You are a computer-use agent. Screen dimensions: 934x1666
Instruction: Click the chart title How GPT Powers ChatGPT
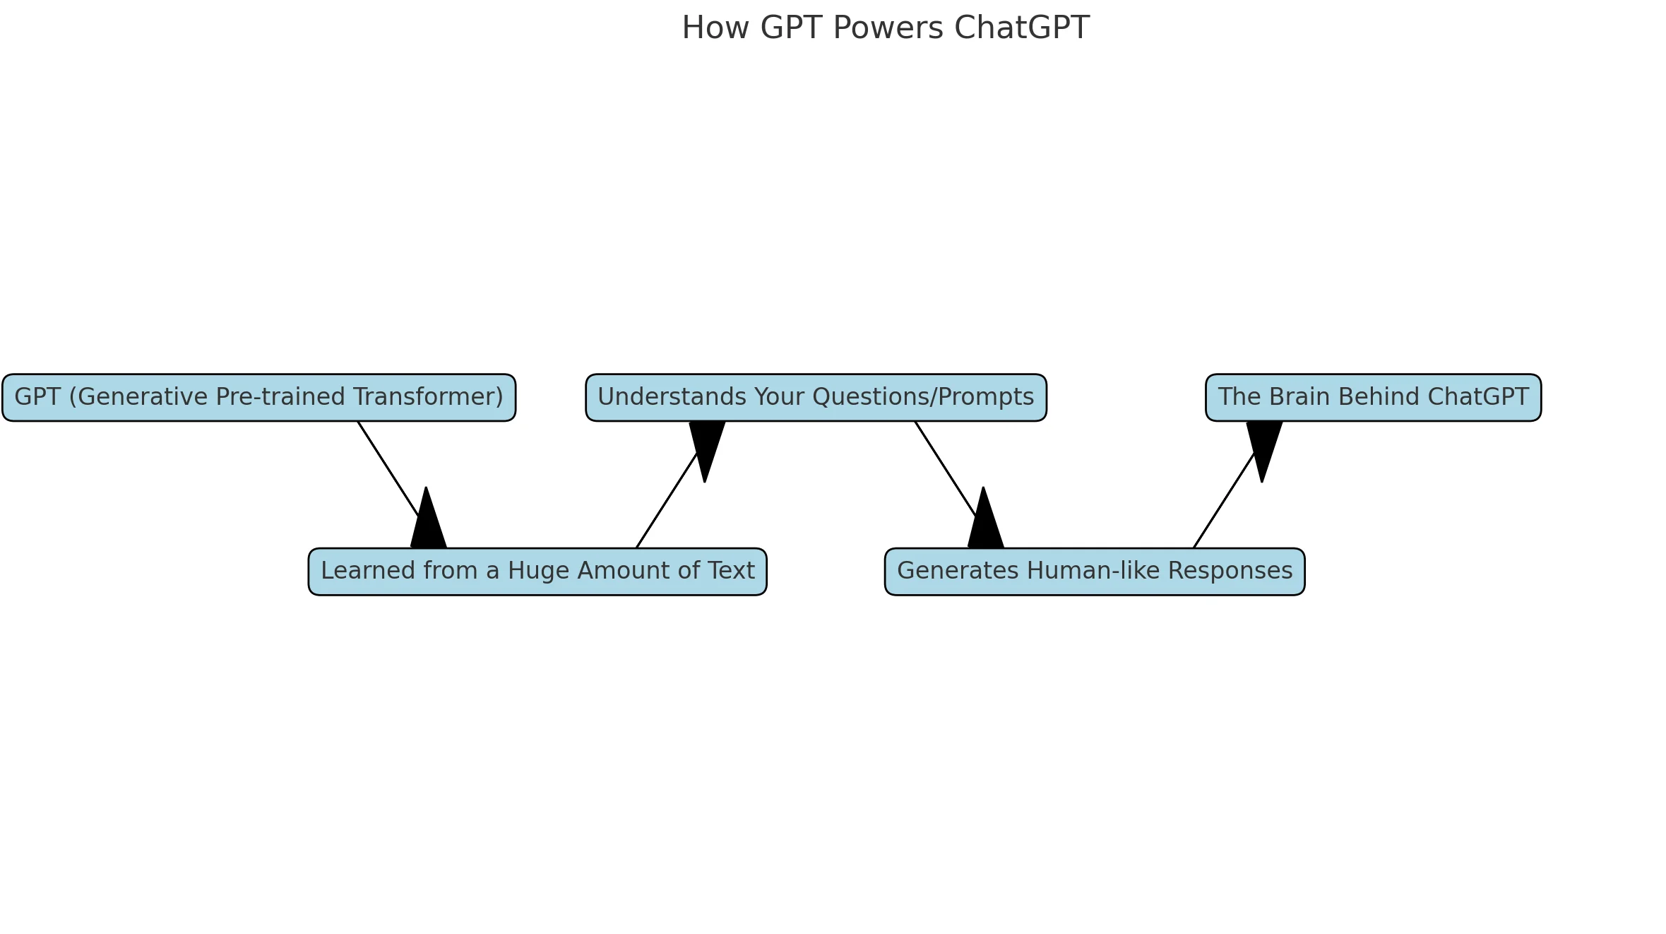[885, 28]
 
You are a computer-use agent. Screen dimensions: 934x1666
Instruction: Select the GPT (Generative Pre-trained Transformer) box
[258, 398]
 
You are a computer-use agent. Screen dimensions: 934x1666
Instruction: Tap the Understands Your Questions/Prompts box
[816, 398]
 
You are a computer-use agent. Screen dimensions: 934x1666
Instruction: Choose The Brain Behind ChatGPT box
[1373, 398]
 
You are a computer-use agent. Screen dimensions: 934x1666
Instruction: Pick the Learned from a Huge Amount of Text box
[537, 572]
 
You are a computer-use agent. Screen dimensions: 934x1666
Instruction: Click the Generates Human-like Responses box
[1095, 572]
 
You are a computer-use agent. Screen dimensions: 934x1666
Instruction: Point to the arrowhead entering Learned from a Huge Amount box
[428, 523]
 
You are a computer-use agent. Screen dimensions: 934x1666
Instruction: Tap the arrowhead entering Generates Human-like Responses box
[985, 523]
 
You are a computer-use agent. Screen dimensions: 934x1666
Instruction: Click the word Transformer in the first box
[429, 397]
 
